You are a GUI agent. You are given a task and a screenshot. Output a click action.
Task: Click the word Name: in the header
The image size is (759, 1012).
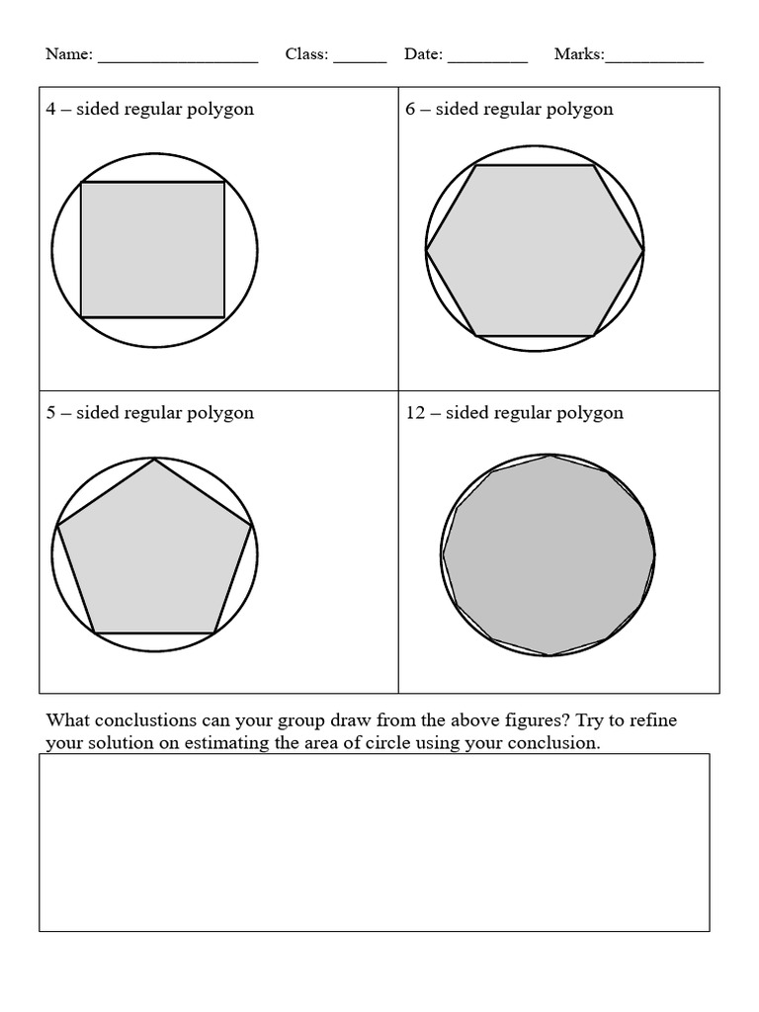click(69, 54)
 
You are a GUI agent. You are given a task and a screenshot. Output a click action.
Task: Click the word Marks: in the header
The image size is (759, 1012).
click(579, 54)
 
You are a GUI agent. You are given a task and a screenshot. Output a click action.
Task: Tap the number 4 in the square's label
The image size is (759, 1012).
click(50, 109)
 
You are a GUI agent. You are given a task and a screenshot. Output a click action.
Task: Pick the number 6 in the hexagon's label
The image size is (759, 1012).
click(410, 109)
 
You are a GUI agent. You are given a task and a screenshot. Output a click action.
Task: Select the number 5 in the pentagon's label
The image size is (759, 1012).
click(50, 412)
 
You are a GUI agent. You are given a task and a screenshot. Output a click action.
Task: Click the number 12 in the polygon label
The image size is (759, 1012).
click(415, 412)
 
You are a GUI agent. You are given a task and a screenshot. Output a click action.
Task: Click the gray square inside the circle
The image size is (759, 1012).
click(152, 249)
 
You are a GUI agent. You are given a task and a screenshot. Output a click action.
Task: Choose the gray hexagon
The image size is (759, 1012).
click(535, 250)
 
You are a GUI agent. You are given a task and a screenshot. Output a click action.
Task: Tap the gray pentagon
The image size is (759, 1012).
click(154, 553)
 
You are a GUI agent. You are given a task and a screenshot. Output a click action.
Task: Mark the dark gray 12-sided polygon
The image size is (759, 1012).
click(548, 554)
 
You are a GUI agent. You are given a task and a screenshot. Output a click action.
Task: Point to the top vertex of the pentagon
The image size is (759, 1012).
click(154, 460)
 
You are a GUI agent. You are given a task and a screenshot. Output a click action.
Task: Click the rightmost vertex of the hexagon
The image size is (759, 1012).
click(643, 251)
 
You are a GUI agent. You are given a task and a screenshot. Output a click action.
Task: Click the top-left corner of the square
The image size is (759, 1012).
click(81, 183)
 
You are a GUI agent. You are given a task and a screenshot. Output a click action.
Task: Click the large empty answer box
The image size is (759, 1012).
click(374, 842)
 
